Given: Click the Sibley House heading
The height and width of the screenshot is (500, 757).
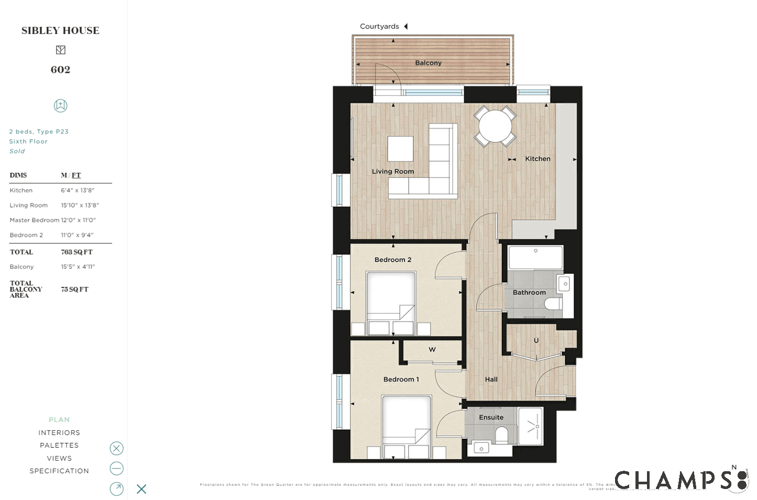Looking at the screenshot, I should point(60,31).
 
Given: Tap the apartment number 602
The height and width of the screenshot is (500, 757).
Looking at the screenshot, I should point(60,70).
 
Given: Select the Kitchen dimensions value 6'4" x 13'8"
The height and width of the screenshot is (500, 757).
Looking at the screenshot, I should point(78,191).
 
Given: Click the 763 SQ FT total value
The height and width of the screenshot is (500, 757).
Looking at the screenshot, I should point(76,252).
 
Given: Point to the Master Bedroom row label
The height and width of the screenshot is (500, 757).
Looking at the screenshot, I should point(34,220).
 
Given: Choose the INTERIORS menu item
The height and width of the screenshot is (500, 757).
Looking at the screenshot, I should point(59,433).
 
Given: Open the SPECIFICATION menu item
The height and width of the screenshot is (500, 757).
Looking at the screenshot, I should point(59,471).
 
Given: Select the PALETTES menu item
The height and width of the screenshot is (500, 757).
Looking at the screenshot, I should point(59,446).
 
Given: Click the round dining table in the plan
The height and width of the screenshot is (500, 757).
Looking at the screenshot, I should point(495,126).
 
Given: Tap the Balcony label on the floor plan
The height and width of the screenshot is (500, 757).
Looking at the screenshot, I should point(428,63).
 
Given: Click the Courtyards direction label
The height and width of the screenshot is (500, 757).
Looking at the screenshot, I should point(379,27).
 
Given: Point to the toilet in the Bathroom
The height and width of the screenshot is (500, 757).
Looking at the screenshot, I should point(552,304).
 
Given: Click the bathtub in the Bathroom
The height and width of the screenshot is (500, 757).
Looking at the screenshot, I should point(535,258).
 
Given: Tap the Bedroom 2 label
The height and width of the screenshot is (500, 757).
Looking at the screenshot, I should point(393,260).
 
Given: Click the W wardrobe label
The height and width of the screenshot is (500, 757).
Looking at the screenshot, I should point(432,350).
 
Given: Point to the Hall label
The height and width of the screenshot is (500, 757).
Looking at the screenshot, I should point(491,380).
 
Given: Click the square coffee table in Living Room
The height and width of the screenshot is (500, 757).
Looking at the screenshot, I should point(400,149).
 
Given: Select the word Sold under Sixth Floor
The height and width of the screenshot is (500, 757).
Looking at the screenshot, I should point(17,151).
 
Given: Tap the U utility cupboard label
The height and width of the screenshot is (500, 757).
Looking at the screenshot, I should point(536,340).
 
